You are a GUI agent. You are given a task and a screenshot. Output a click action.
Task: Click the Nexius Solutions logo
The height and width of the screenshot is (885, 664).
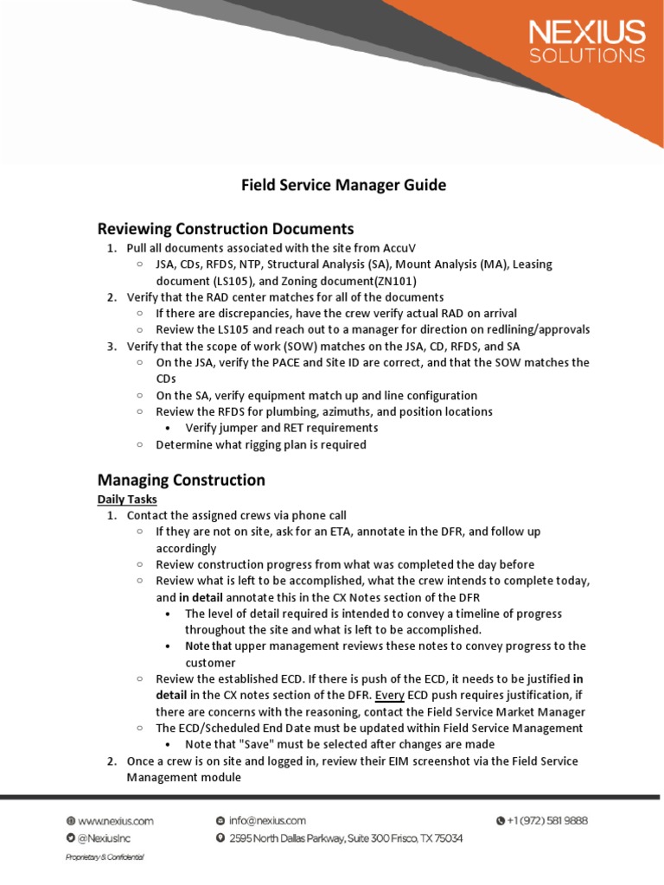(x=586, y=42)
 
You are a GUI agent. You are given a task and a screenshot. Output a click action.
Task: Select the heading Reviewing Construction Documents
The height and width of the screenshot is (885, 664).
(x=226, y=229)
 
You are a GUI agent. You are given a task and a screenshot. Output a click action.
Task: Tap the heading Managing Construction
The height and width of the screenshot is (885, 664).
(x=181, y=480)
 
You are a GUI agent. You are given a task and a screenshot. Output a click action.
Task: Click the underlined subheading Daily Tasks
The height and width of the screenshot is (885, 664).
(x=126, y=500)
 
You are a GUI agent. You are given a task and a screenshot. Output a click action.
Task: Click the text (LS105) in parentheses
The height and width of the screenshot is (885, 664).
(x=233, y=281)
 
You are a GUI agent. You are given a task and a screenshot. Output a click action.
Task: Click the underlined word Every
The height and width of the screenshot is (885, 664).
(x=390, y=695)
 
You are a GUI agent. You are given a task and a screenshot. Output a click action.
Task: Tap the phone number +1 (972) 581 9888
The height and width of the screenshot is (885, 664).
(x=541, y=820)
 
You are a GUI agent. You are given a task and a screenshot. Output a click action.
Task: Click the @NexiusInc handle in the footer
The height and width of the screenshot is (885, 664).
(x=102, y=838)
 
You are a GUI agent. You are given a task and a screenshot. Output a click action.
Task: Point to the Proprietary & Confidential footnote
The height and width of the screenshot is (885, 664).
(x=105, y=857)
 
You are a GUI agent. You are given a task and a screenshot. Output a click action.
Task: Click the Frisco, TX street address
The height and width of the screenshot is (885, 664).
(x=345, y=838)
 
